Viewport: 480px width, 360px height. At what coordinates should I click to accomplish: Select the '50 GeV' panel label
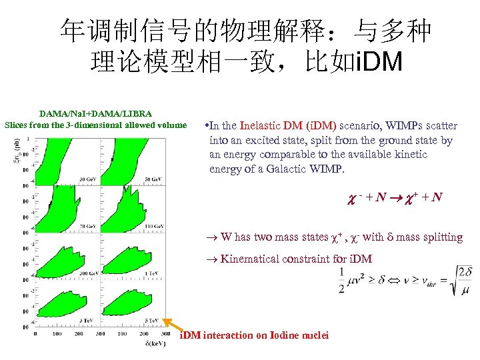(153, 179)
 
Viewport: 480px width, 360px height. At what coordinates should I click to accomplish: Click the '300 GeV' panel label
(88, 273)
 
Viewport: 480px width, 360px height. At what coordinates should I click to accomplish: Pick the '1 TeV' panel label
(155, 273)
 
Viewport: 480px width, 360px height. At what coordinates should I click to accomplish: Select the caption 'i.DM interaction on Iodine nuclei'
(255, 335)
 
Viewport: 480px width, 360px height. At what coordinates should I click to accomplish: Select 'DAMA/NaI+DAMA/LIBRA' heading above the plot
(95, 114)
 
